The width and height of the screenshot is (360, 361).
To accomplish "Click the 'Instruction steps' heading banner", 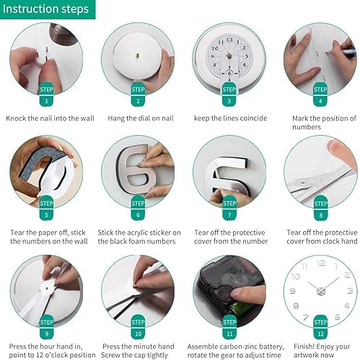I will click(48, 9).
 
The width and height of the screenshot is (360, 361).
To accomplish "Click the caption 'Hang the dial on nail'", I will click(138, 118).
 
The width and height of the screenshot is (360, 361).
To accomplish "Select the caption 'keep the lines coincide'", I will click(229, 118).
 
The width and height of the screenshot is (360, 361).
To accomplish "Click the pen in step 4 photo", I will click(339, 52).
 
